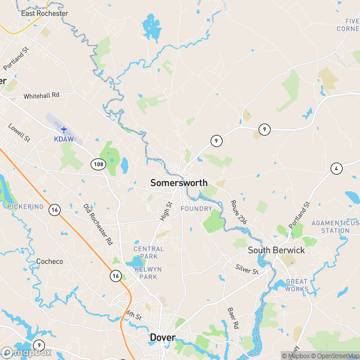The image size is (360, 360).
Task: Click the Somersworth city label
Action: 179,183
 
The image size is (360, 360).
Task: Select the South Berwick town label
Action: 276,250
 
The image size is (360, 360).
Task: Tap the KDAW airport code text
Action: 63,138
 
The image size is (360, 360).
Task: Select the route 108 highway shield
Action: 98,163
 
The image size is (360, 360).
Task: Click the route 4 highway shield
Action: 336,168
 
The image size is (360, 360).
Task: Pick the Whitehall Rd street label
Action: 41,95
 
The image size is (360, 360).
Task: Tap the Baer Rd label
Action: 232,317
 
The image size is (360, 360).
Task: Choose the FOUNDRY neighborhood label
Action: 196,209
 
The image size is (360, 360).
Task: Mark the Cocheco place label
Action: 50,262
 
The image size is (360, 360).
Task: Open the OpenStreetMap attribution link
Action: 333,356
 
